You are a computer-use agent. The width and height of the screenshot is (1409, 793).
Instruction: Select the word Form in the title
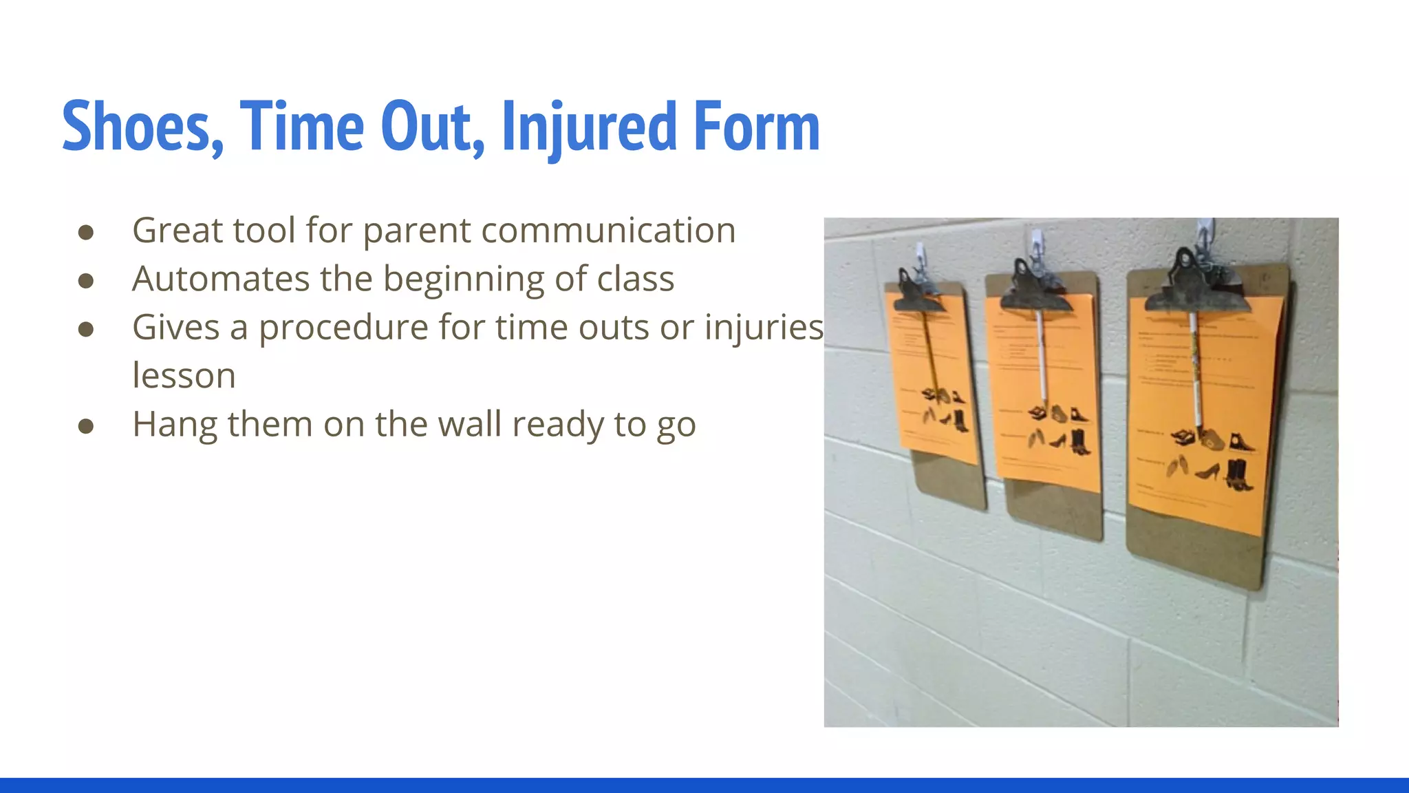[x=757, y=127]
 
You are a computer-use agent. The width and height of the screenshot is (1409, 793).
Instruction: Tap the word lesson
[x=184, y=376]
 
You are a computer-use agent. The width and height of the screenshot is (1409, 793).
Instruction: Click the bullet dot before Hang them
[x=86, y=426]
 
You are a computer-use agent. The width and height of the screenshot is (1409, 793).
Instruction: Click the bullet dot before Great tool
[x=86, y=232]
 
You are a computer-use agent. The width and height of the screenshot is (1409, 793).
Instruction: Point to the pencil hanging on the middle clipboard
[x=1042, y=358]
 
